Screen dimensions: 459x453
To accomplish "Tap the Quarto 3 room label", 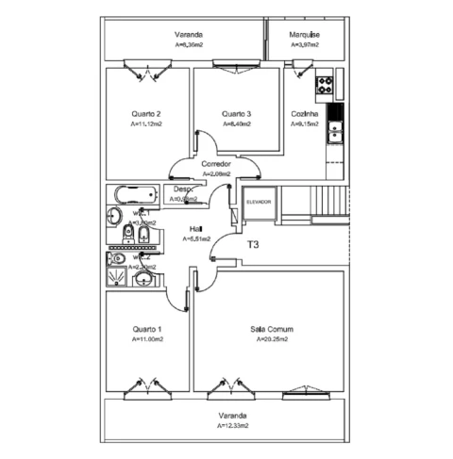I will pyautogui.click(x=237, y=113).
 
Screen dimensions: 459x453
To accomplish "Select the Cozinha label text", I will pyautogui.click(x=304, y=113).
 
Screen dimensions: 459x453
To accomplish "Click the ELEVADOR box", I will pyautogui.click(x=258, y=203).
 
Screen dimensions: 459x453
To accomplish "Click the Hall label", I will pyautogui.click(x=195, y=229).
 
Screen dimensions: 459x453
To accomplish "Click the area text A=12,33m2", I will pyautogui.click(x=232, y=425).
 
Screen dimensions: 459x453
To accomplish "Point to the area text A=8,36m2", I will pyautogui.click(x=193, y=44).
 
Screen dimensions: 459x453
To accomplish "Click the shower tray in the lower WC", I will pyautogui.click(x=115, y=277).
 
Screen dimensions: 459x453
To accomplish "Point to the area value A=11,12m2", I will pyautogui.click(x=145, y=123).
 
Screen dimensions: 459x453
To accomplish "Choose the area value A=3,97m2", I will pyautogui.click(x=304, y=44).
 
